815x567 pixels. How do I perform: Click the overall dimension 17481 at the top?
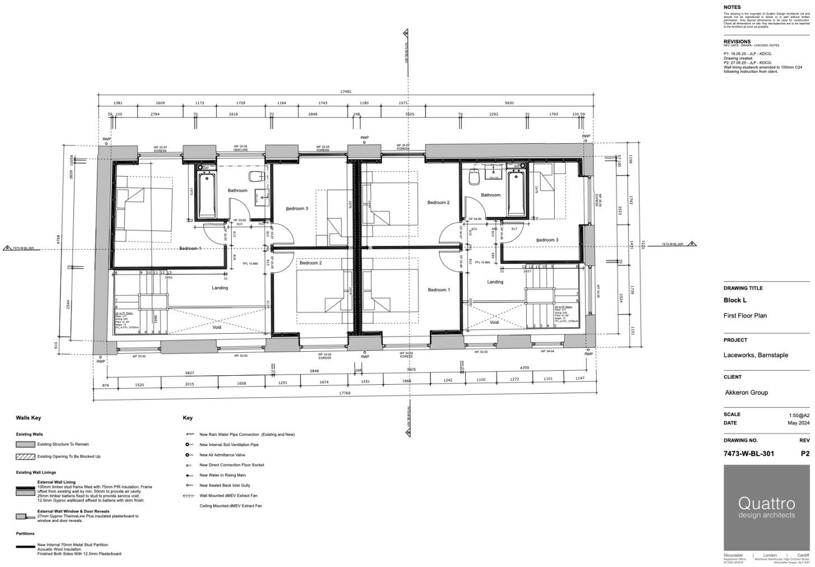click(x=345, y=91)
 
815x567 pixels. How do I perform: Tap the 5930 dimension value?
click(x=509, y=103)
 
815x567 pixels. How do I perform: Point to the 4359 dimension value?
click(x=524, y=367)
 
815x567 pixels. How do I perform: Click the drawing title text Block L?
click(x=735, y=300)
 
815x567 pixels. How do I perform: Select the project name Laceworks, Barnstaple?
click(x=755, y=355)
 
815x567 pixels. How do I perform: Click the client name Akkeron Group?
click(x=746, y=393)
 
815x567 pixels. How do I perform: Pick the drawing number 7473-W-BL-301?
click(x=748, y=453)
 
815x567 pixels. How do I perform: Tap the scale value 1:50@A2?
click(x=798, y=415)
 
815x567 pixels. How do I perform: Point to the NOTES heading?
click(x=732, y=7)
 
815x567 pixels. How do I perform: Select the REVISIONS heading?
click(x=737, y=41)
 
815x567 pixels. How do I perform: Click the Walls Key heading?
click(x=28, y=418)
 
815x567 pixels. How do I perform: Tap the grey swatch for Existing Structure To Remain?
click(x=26, y=445)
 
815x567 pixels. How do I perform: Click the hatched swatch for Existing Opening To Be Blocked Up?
click(x=26, y=457)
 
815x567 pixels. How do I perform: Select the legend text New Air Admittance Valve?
click(x=222, y=455)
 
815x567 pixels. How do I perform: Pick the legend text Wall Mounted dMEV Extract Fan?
click(x=228, y=495)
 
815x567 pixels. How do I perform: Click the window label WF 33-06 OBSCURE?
click(x=241, y=148)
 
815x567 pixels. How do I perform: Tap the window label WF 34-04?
click(x=547, y=352)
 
